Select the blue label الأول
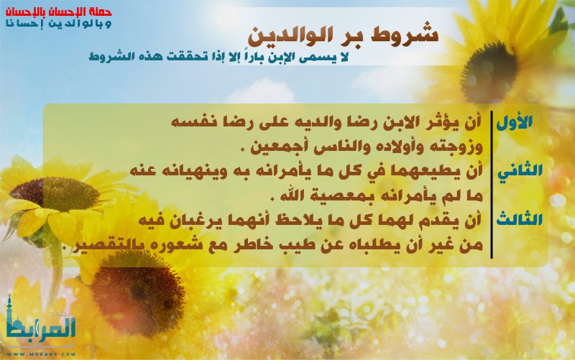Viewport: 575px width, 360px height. pos(514,122)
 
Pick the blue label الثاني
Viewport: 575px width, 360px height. pos(520,171)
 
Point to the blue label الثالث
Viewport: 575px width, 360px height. pos(519,220)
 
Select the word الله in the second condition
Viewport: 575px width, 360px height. pos(293,195)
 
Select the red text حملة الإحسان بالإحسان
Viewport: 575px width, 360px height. pos(59,11)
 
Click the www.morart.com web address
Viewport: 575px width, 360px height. pos(41,354)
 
